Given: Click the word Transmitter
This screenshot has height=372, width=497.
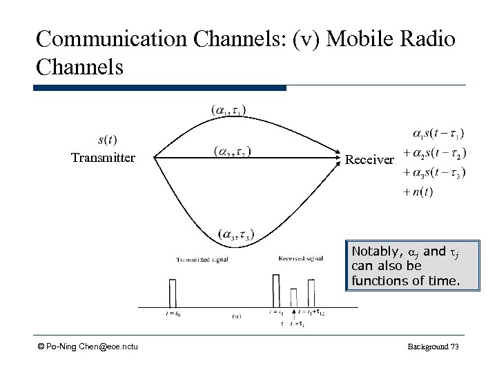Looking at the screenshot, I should [x=104, y=158].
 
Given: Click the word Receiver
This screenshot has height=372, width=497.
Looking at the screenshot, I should [x=370, y=160].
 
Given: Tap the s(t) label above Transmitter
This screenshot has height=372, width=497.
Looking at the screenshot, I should [x=107, y=140].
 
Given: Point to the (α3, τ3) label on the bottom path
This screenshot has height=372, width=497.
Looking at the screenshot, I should [x=235, y=235].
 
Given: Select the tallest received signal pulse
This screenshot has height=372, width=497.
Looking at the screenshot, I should [x=276, y=290].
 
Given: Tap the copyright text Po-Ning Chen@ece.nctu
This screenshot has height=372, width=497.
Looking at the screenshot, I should [x=88, y=345].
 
